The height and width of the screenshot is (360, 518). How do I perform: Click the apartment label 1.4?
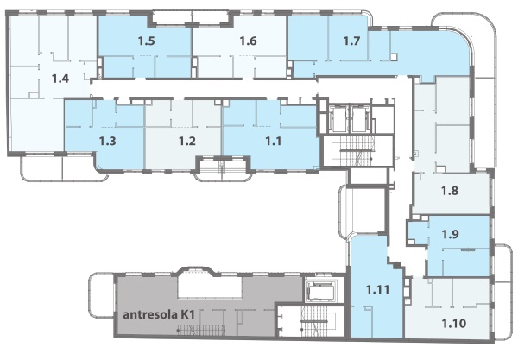click(x=60, y=79)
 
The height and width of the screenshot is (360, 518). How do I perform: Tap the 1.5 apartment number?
click(x=147, y=41)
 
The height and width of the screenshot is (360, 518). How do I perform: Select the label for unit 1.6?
click(x=248, y=41)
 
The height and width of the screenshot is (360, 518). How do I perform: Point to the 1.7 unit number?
click(x=351, y=41)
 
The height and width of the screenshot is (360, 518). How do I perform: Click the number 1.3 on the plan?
click(x=108, y=142)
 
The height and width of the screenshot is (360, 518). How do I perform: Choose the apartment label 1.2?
click(x=187, y=142)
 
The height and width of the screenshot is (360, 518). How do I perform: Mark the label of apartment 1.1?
click(x=274, y=142)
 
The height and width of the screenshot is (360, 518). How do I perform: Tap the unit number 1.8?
click(x=450, y=191)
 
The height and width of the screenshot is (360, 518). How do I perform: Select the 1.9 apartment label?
click(x=450, y=234)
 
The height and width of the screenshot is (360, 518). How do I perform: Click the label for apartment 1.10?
click(x=454, y=324)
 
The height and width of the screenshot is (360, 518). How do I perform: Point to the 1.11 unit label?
click(x=377, y=290)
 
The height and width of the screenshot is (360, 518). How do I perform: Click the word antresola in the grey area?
click(x=150, y=315)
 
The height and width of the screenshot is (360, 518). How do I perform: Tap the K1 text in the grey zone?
click(x=187, y=315)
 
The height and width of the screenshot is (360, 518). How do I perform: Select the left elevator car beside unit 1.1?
click(x=338, y=119)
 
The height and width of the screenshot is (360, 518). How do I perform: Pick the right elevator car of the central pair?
click(x=359, y=119)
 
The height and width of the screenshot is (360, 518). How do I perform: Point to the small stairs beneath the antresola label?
click(x=201, y=329)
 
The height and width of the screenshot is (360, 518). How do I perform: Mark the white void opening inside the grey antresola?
click(x=210, y=287)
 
